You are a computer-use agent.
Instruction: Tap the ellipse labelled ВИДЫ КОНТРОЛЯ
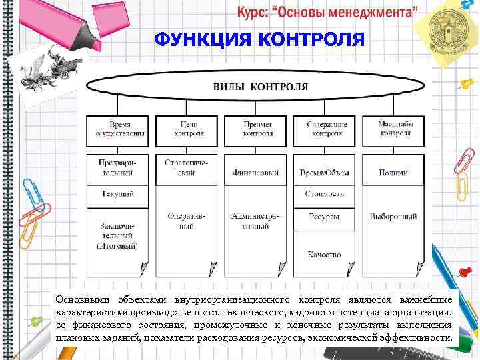click(x=260, y=86)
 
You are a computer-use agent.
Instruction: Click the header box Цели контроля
click(x=189, y=129)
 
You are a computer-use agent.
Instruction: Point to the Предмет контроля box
click(x=258, y=129)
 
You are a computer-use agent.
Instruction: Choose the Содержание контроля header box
click(x=326, y=129)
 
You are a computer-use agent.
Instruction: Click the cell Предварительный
click(x=116, y=168)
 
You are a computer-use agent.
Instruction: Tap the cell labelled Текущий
click(x=116, y=194)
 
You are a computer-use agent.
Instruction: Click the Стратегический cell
click(x=186, y=168)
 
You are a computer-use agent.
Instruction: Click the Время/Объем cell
click(x=325, y=173)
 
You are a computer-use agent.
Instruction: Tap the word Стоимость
click(x=325, y=194)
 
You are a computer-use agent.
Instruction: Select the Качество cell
click(x=325, y=254)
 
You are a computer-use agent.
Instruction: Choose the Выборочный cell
click(x=393, y=217)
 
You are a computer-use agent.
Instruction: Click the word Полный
click(x=393, y=173)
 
